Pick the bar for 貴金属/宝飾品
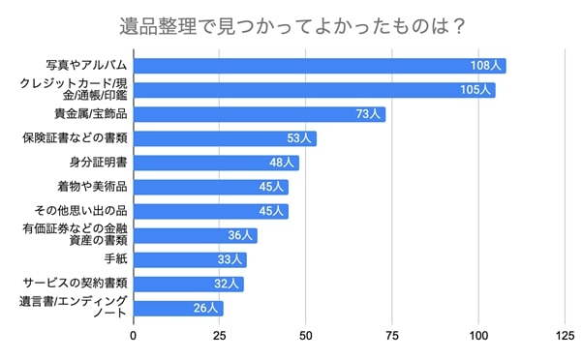click(x=259, y=114)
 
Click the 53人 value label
click(x=298, y=138)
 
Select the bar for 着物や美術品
click(x=210, y=187)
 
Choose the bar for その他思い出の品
click(x=210, y=211)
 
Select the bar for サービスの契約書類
click(x=188, y=284)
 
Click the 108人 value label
click(x=485, y=66)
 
